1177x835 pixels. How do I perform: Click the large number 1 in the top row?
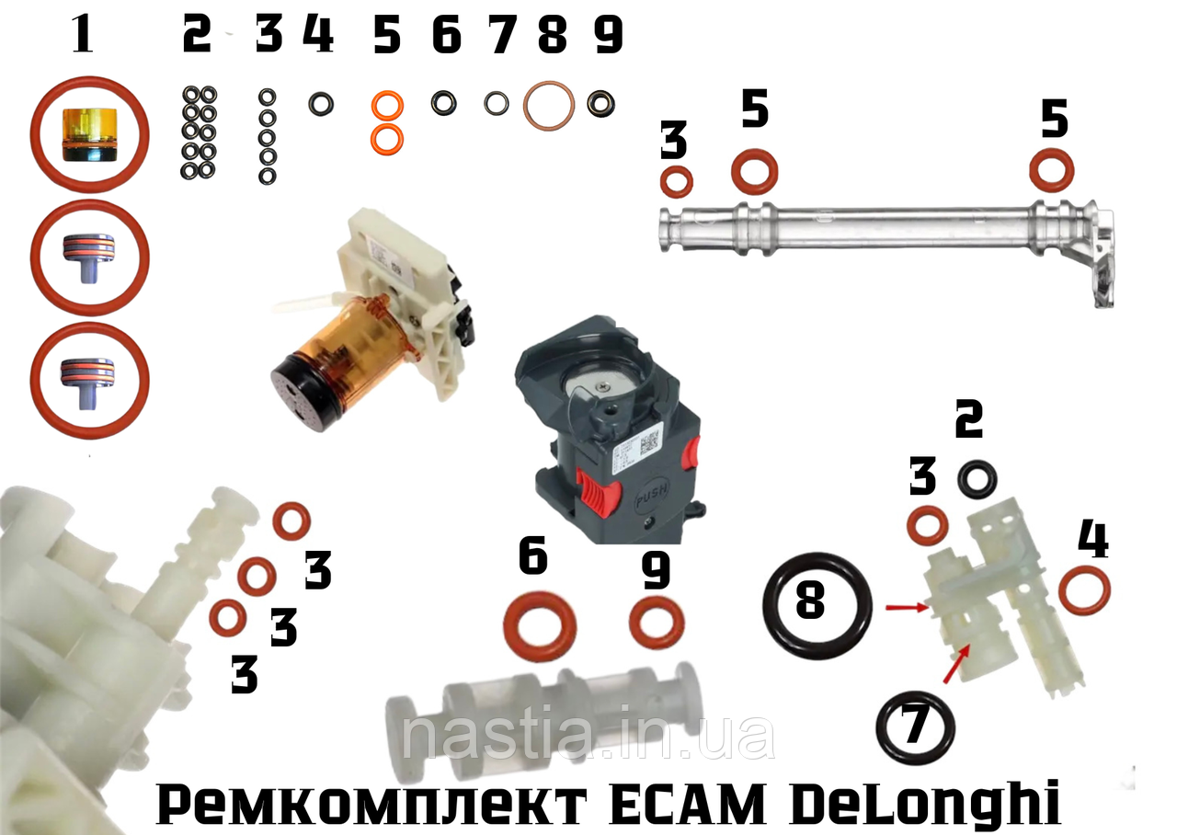(84, 34)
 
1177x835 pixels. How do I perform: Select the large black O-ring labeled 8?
(817, 604)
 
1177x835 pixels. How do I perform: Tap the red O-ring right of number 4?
(1064, 591)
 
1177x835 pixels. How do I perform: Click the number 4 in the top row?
(319, 35)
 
